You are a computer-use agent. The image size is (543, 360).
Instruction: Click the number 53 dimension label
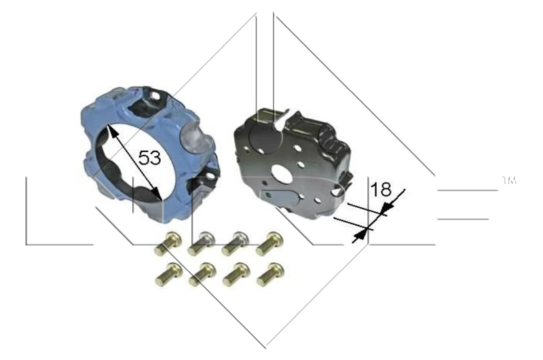pyautogui.click(x=149, y=158)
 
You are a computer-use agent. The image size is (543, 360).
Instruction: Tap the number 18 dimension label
pyautogui.click(x=382, y=189)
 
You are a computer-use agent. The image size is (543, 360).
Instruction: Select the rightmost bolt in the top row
pyautogui.click(x=270, y=242)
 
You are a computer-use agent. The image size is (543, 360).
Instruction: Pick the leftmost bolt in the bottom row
pyautogui.click(x=168, y=273)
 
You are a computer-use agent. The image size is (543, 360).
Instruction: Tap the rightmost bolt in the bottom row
pyautogui.click(x=270, y=273)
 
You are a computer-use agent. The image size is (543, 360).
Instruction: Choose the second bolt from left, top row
pyautogui.click(x=202, y=242)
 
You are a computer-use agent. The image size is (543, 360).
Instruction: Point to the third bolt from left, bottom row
pyautogui.click(x=236, y=273)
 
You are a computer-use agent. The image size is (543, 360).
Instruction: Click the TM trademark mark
pyautogui.click(x=508, y=181)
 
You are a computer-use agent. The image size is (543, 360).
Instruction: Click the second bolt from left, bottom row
pyautogui.click(x=202, y=273)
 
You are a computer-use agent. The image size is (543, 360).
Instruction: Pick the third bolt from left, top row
pyautogui.click(x=236, y=242)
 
